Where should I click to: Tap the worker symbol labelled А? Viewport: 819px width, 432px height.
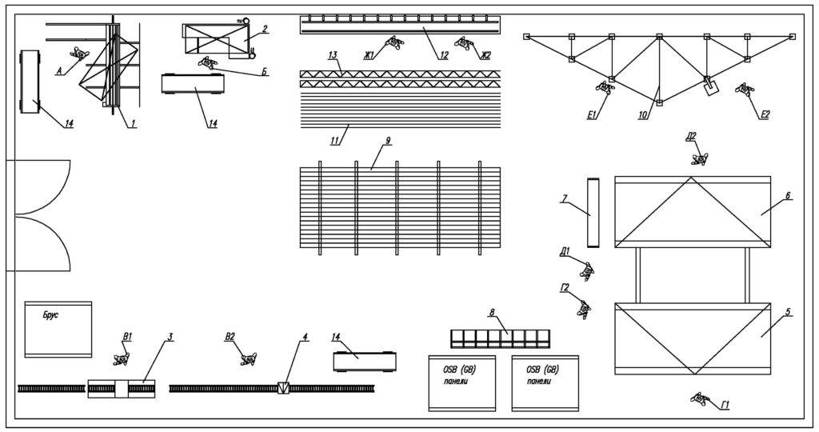point(78,54)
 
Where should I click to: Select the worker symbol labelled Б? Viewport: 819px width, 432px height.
point(208,62)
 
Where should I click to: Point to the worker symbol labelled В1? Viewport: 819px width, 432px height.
point(122,358)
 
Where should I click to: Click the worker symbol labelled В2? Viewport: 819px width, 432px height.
point(248,358)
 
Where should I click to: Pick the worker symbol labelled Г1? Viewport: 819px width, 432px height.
point(701,398)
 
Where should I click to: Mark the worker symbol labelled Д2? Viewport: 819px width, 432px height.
point(700,158)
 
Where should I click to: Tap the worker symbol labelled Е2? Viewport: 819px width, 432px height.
point(745,90)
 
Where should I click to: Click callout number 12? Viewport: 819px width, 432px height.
point(443,55)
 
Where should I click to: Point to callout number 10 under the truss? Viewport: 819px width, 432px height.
point(642,115)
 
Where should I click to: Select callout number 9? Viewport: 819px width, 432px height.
point(387,141)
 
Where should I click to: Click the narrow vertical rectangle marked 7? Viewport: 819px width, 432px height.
point(592,212)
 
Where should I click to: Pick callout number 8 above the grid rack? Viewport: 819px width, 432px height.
point(492,313)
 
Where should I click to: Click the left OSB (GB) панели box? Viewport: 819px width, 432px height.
point(461,382)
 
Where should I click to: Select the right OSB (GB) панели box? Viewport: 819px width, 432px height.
point(544,382)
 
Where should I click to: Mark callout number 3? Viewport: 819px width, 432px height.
point(170,336)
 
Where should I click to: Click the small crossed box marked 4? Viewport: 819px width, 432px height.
point(283,388)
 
